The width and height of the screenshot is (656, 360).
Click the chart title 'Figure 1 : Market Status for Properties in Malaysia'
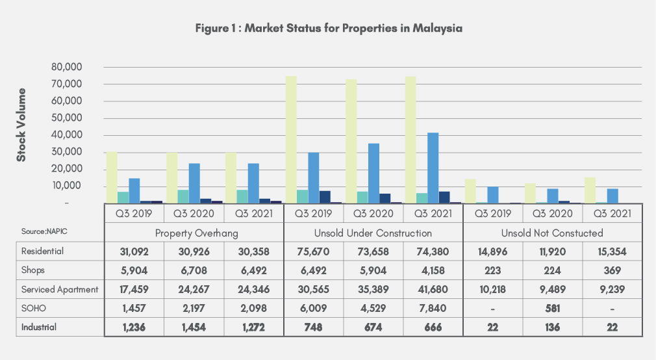click(x=328, y=29)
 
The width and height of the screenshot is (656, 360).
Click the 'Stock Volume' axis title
click(x=21, y=125)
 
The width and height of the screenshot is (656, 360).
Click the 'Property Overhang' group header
click(x=194, y=233)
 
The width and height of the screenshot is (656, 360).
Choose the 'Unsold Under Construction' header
click(x=373, y=233)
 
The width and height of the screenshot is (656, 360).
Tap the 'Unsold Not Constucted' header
click(x=552, y=233)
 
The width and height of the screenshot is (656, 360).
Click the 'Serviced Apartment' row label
click(x=50, y=289)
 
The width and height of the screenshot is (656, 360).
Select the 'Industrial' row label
click(x=38, y=326)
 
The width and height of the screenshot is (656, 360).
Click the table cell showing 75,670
click(x=313, y=251)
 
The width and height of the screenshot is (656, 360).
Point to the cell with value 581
click(x=553, y=307)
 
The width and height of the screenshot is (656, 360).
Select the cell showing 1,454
click(x=194, y=326)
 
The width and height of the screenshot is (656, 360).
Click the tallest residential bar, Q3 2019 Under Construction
click(x=292, y=140)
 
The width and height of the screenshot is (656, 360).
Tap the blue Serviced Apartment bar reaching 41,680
click(x=433, y=168)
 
